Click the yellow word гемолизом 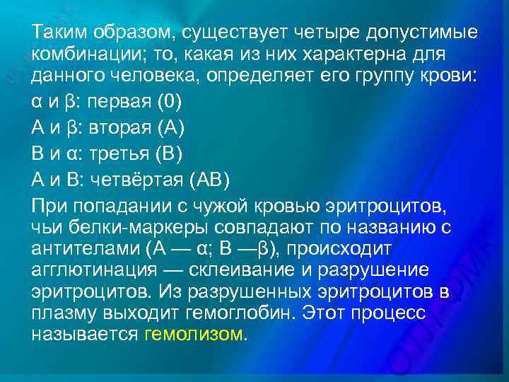pyautogui.click(x=193, y=334)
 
